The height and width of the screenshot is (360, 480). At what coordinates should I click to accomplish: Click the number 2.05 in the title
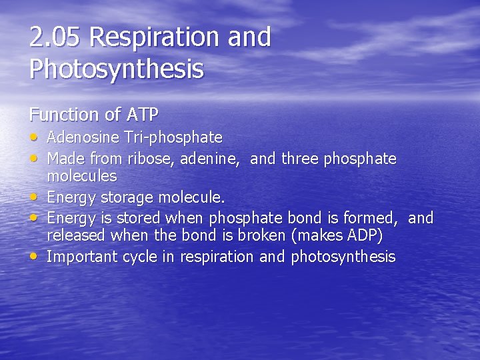pyautogui.click(x=55, y=37)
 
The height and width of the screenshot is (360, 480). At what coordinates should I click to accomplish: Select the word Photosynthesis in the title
pyautogui.click(x=116, y=69)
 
